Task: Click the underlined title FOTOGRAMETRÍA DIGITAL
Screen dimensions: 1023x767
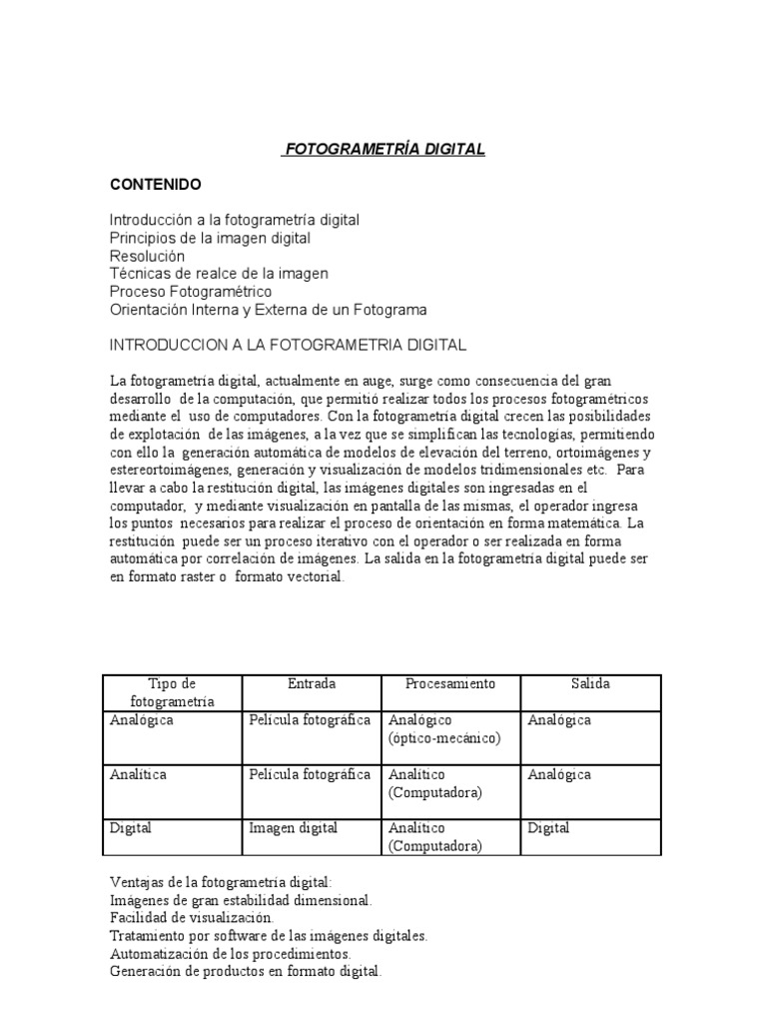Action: point(383,149)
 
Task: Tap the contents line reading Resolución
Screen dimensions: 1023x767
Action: point(147,256)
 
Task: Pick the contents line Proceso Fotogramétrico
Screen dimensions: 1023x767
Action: point(190,292)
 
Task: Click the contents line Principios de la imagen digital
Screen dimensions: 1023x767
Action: point(210,238)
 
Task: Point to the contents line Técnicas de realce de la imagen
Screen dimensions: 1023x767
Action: point(218,274)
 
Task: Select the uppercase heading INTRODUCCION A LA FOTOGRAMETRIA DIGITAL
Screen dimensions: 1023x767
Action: point(287,345)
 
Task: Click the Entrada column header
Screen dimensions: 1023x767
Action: point(312,684)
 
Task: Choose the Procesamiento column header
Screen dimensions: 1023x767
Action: point(449,684)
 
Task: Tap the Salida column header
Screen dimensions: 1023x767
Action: point(590,684)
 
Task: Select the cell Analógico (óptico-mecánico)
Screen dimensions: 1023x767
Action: point(444,729)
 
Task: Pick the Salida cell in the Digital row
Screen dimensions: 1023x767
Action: point(548,828)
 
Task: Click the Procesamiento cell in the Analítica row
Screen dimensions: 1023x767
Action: point(435,783)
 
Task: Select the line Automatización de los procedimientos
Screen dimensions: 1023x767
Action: point(230,953)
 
